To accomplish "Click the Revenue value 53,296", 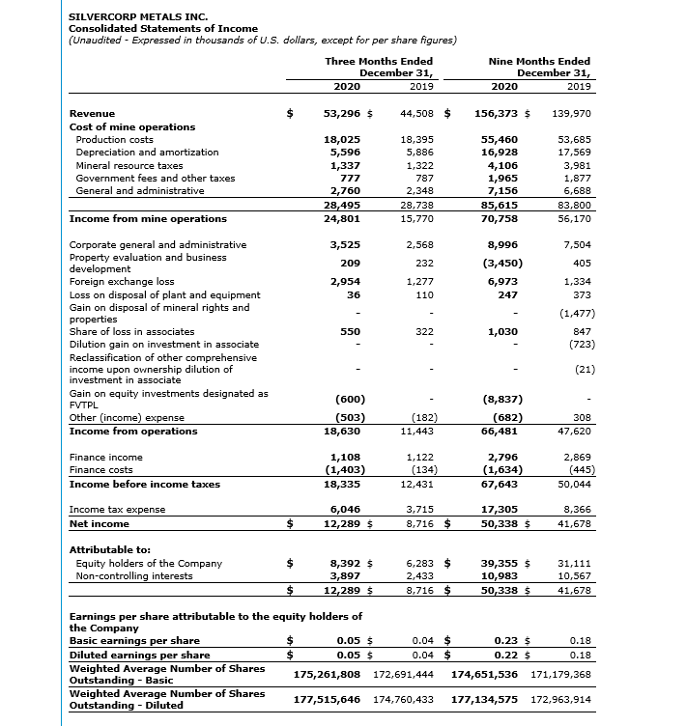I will point(342,113).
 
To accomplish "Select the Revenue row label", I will point(93,113).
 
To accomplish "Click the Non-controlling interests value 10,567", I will point(573,575).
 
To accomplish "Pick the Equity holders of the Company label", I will point(149,563).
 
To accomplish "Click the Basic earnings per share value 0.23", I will point(507,639).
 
